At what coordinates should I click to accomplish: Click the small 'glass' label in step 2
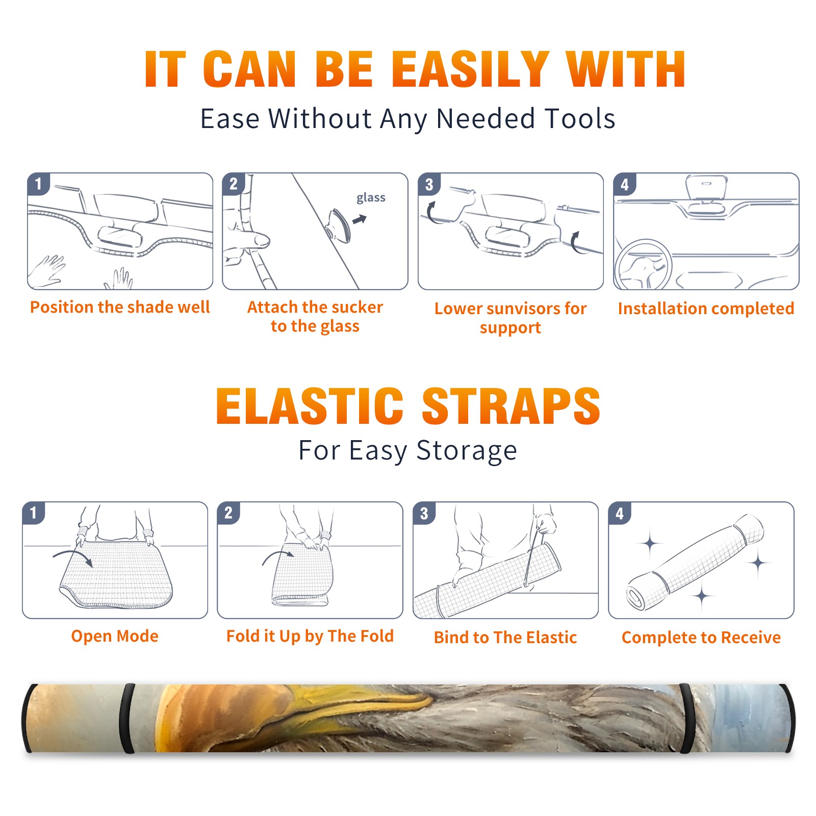(371, 198)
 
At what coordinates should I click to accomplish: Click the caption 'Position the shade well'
(120, 307)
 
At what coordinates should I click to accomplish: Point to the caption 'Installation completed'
(706, 309)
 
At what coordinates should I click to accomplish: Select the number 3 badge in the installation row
(429, 185)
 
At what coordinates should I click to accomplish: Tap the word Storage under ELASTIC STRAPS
(467, 451)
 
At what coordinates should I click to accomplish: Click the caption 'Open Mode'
(115, 636)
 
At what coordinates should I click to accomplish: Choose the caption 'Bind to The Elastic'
(505, 637)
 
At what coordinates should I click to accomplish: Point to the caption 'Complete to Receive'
(701, 637)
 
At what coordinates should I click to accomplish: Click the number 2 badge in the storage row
(228, 513)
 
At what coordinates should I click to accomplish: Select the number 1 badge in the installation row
(38, 184)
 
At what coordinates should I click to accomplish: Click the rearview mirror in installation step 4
(706, 188)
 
